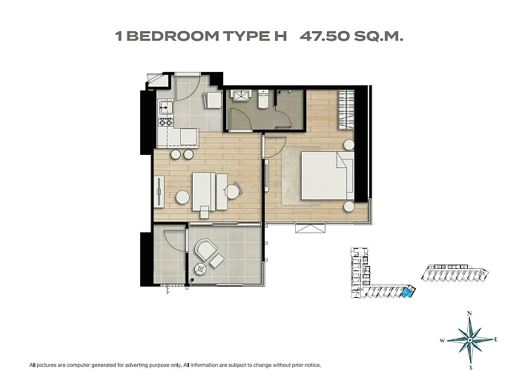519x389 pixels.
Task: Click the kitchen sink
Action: pos(165,107)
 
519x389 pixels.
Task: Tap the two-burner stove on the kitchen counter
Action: pos(166,122)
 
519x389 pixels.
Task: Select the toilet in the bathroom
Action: pos(264,99)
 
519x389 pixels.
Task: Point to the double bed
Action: pos(327,176)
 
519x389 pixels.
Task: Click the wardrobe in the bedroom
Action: pos(346,110)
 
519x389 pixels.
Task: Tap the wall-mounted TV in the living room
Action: pos(159,191)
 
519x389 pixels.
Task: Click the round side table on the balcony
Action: pos(201,269)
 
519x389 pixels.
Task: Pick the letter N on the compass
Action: pos(469,313)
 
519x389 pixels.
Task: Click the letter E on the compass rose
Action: pos(495,339)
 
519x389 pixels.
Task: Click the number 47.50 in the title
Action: pos(325,36)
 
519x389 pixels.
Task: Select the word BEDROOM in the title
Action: pos(173,36)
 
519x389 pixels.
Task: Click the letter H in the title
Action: pos(280,36)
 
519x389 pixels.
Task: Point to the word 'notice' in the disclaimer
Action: pos(314,365)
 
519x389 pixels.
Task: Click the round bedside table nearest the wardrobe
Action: pos(349,144)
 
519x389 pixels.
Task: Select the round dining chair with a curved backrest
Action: pos(233,191)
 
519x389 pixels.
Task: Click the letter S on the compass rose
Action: pos(471,368)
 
